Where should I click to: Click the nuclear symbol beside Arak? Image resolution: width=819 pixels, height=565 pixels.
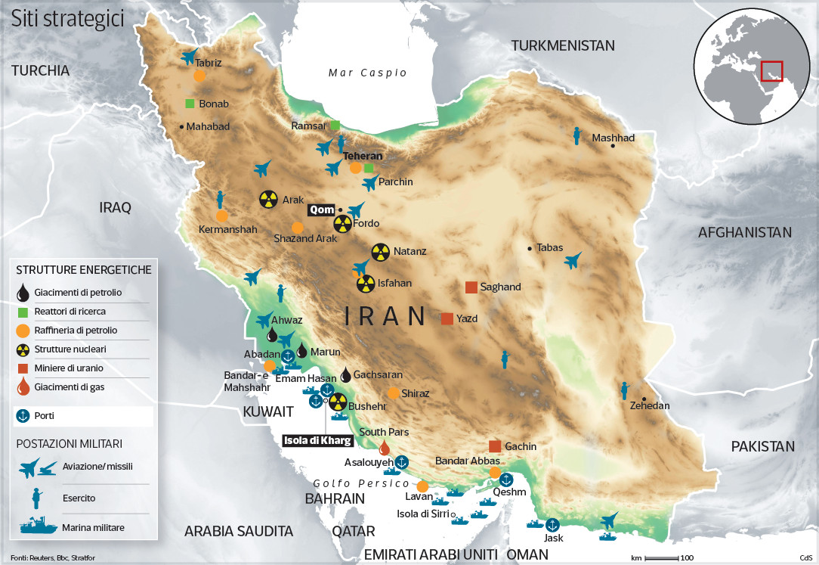tap(267, 200)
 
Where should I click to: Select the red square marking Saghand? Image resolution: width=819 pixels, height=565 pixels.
tap(471, 287)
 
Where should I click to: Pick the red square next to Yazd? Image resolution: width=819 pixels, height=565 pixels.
tap(447, 318)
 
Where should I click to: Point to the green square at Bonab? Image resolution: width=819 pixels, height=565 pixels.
tap(190, 104)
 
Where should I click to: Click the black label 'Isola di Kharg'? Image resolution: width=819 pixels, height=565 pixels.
tap(317, 441)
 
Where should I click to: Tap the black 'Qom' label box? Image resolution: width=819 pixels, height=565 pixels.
tap(321, 210)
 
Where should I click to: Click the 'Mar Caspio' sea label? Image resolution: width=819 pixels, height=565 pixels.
tap(368, 73)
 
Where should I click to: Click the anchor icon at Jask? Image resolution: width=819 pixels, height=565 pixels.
tap(552, 525)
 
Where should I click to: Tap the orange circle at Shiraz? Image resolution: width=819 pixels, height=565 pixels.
tap(393, 393)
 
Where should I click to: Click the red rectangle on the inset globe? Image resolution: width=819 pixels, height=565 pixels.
tap(771, 71)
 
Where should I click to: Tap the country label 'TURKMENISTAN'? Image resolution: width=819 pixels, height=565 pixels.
tap(563, 45)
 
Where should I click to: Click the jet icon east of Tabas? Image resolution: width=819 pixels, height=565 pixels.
tap(573, 261)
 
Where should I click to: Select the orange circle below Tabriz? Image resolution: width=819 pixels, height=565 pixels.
tap(199, 76)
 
